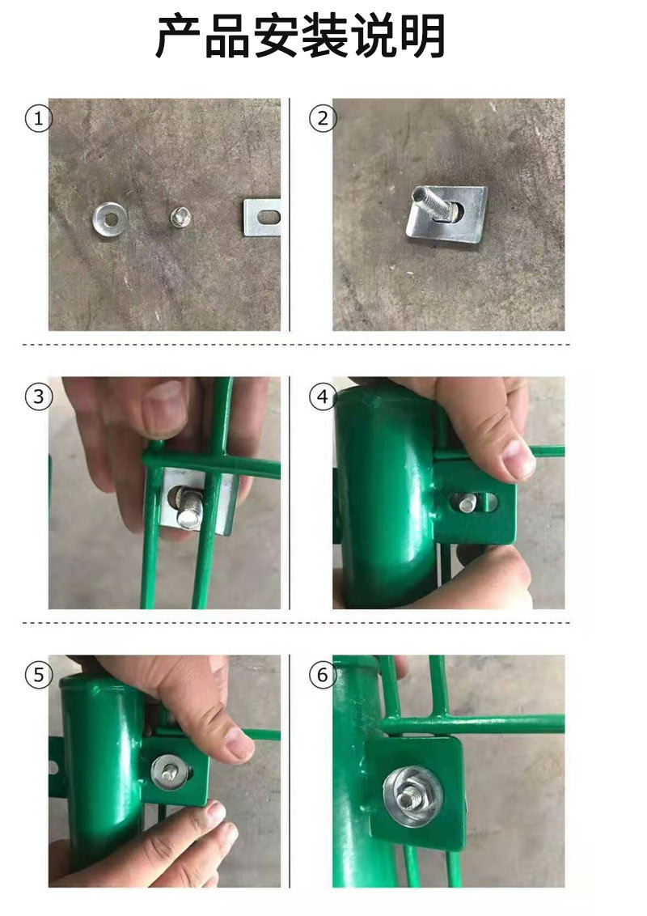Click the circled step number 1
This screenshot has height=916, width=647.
tap(39, 119)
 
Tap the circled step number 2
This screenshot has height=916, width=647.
tap(323, 119)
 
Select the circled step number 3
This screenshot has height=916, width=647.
tap(39, 397)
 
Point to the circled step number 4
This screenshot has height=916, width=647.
tap(323, 397)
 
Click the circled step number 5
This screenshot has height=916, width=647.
tap(39, 675)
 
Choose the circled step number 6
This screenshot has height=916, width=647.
tap(323, 675)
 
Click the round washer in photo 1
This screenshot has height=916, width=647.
tap(110, 218)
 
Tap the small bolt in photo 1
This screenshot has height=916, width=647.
tap(180, 218)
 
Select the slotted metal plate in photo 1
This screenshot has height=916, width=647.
tap(261, 218)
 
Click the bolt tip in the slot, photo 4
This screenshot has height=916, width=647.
tap(467, 503)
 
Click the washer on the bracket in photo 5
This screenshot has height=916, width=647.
tap(171, 771)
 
